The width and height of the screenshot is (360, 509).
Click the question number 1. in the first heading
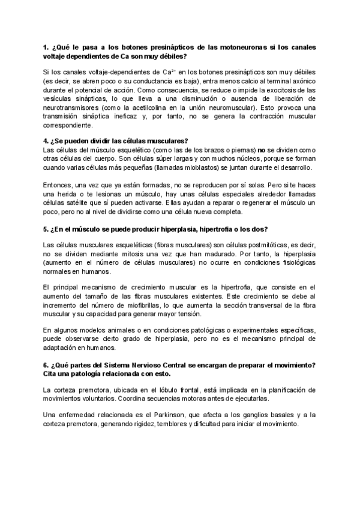pyautogui.click(x=46, y=47)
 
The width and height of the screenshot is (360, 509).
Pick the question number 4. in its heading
pyautogui.click(x=46, y=140)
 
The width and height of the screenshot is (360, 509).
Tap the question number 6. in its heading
pyautogui.click(x=46, y=365)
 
